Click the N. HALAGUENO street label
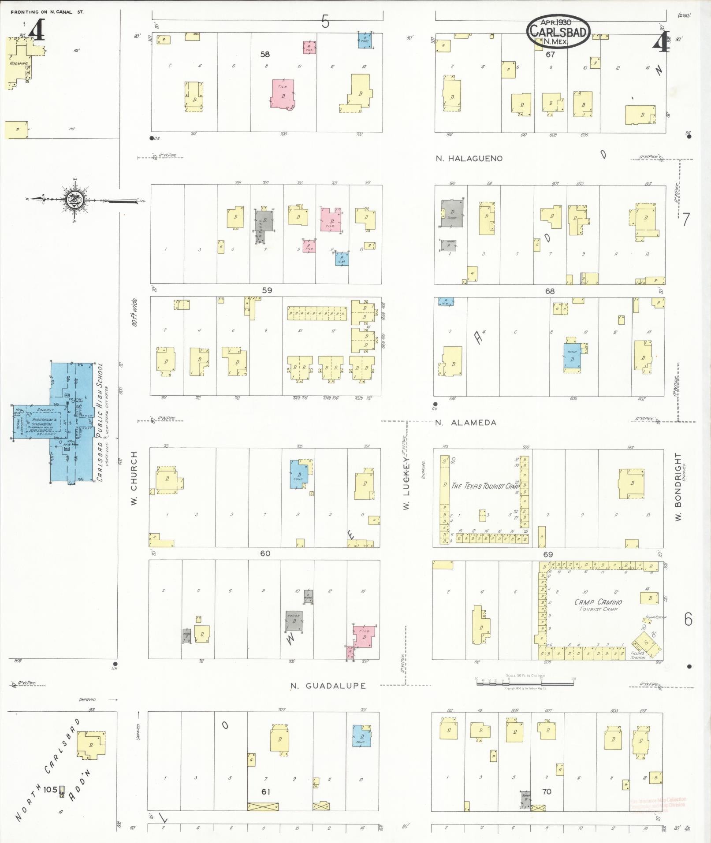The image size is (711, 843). pos(469,159)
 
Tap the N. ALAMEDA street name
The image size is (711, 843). pos(465,423)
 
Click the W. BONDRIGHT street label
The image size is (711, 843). pos(678,486)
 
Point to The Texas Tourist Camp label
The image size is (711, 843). pos(485,486)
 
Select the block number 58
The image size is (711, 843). pos(265,54)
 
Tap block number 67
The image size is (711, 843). pos(550,54)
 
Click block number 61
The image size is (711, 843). pos(265,792)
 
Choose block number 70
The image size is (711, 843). pos(547,791)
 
